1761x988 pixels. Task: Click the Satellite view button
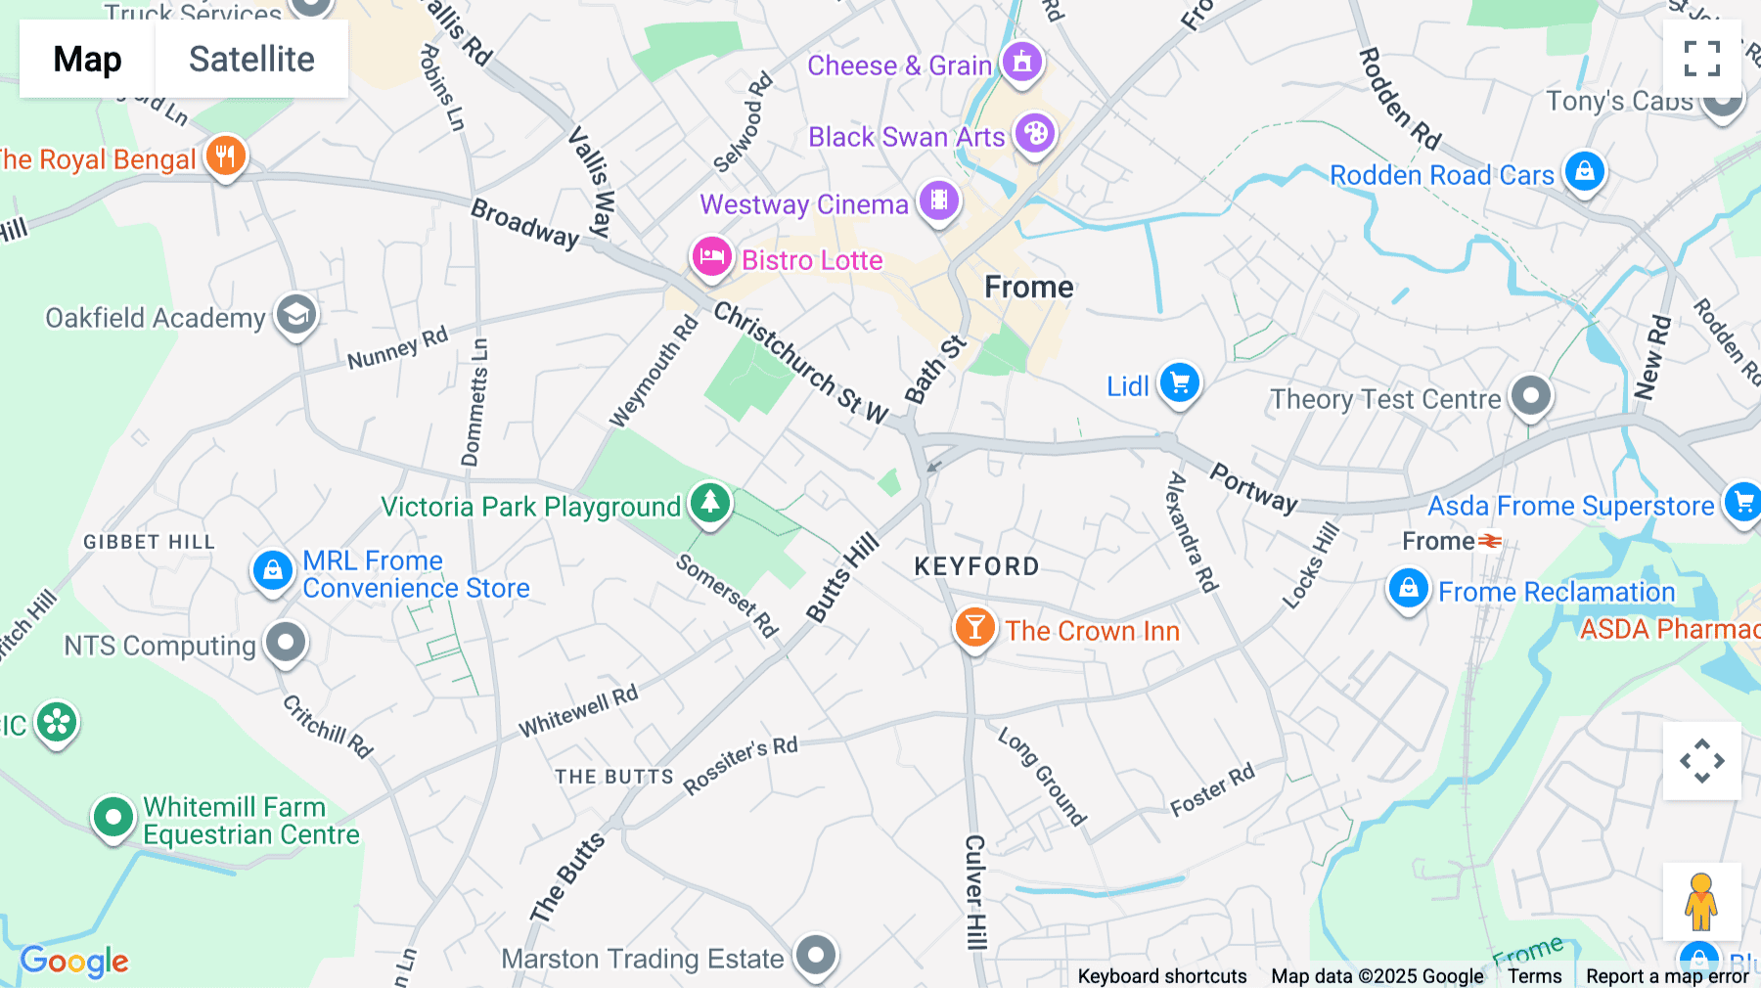point(251,60)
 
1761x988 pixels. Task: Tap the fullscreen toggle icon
point(1701,59)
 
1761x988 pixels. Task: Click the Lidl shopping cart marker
point(1179,383)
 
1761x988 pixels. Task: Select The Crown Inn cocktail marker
point(974,628)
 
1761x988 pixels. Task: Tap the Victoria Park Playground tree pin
point(710,504)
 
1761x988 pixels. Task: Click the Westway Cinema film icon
point(938,202)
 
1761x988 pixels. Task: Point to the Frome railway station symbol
point(1490,541)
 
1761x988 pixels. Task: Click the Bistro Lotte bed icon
point(711,257)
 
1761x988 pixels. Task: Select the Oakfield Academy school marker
point(295,315)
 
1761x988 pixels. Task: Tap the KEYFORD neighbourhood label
point(976,566)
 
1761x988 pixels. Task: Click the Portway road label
point(1253,488)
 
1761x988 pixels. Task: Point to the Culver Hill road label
point(974,891)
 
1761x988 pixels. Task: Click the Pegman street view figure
point(1701,901)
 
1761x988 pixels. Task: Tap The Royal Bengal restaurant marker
point(225,157)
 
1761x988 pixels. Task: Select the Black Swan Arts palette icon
point(1034,133)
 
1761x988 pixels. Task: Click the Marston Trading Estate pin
point(816,955)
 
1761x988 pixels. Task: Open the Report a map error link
point(1667,976)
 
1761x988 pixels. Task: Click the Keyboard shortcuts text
point(1161,976)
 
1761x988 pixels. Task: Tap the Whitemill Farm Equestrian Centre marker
point(113,816)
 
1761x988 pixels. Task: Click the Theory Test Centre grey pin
point(1530,397)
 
